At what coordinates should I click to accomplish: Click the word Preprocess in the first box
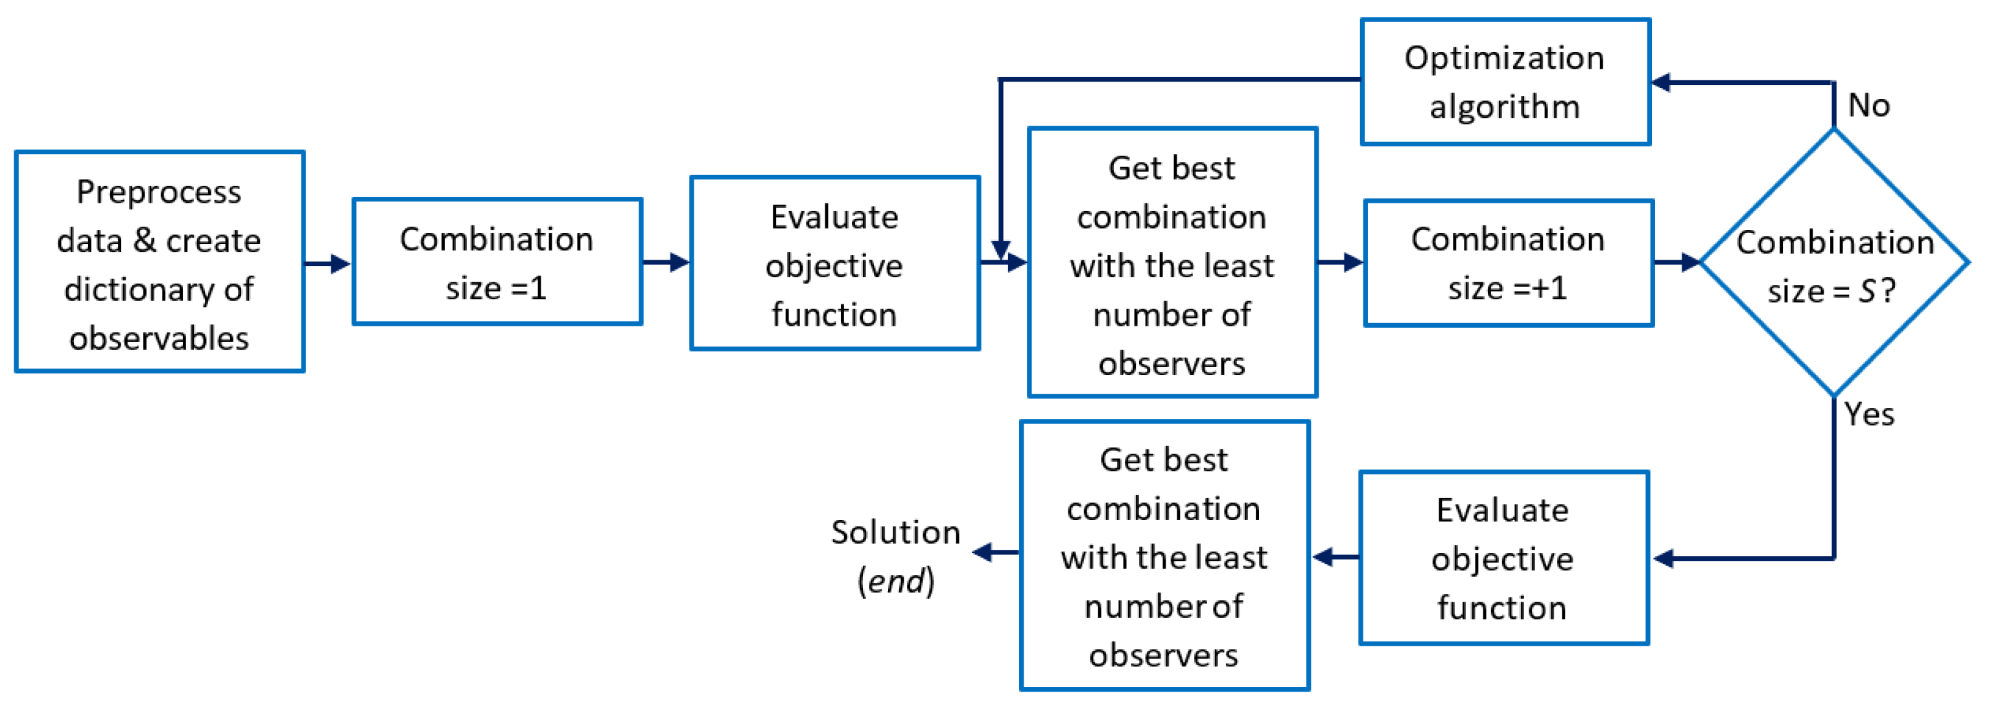click(x=158, y=192)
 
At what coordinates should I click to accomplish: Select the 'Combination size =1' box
click(x=497, y=262)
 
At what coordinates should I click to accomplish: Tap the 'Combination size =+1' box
click(x=1508, y=263)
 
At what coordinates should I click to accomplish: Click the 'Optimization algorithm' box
click(x=1505, y=82)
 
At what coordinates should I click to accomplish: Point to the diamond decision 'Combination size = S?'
click(x=1834, y=262)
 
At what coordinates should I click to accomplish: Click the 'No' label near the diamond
click(x=1868, y=106)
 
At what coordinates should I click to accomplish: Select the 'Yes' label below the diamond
click(x=1868, y=414)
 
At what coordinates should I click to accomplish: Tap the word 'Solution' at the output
click(x=896, y=532)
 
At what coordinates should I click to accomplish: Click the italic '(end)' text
click(x=896, y=581)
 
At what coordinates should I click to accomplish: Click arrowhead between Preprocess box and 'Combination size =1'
click(x=340, y=263)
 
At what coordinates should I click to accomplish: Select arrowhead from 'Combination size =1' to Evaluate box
click(x=679, y=262)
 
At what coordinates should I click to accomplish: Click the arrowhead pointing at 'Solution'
click(x=983, y=552)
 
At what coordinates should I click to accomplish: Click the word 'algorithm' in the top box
click(x=1505, y=106)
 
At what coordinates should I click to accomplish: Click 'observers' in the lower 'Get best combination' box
click(x=1163, y=655)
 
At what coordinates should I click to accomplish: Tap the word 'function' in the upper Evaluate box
click(x=834, y=315)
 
